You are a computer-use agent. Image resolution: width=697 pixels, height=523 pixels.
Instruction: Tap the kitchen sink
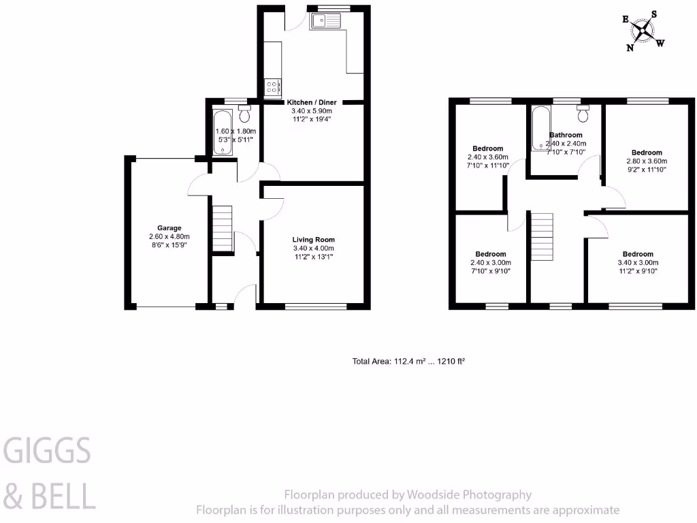[328, 22]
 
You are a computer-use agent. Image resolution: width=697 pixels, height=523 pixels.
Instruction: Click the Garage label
[169, 228]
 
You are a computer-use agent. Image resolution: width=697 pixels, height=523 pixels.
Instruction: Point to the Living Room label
[314, 240]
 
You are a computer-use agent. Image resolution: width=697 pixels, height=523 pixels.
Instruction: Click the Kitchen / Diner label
[312, 102]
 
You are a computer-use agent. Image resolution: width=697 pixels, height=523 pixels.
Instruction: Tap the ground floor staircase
[223, 229]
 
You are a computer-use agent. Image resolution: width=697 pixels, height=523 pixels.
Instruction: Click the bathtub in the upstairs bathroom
[541, 127]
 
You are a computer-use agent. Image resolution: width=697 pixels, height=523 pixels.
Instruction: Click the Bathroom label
[566, 135]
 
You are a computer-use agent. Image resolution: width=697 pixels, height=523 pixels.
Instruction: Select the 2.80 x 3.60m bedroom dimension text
[646, 161]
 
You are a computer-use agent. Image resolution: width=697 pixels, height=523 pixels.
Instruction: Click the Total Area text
[408, 362]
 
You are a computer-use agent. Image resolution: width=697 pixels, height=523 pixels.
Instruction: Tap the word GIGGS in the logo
[48, 451]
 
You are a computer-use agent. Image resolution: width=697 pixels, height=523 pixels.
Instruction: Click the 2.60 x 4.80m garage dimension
[169, 236]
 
